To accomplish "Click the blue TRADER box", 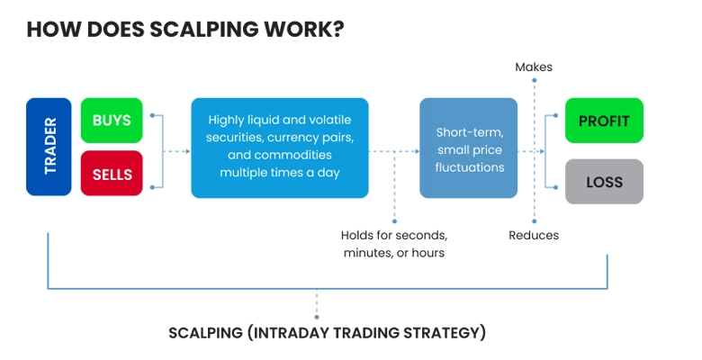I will (49, 147).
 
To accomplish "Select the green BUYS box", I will (112, 121).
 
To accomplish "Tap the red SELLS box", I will (112, 173).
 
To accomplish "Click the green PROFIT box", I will (604, 121).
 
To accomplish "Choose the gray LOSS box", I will (604, 182).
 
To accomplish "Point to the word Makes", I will (534, 67).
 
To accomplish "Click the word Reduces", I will (534, 235).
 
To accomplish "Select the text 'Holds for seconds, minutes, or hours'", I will (393, 244).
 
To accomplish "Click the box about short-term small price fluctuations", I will (468, 148).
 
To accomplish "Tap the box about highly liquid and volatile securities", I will (279, 147).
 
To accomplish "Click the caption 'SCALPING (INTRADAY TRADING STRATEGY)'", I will (327, 332).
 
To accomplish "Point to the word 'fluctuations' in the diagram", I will (469, 166).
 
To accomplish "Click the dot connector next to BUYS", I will (153, 116).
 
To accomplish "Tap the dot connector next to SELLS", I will (153, 187).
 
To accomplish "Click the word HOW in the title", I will (48, 29).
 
